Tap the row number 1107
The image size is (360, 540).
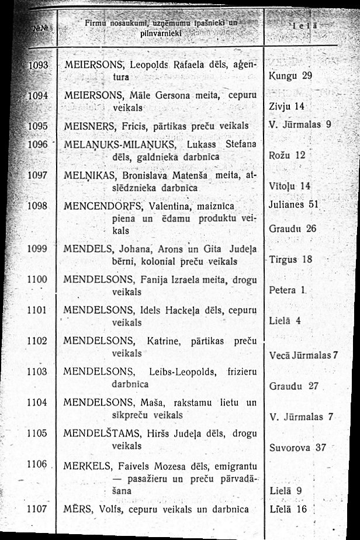[x=37, y=508]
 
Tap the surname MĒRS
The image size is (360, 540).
[x=75, y=509]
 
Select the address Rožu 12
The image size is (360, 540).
[x=286, y=155]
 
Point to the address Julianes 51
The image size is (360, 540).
[x=296, y=205]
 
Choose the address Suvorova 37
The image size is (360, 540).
[x=297, y=448]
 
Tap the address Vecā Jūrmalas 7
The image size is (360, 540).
[x=304, y=355]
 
